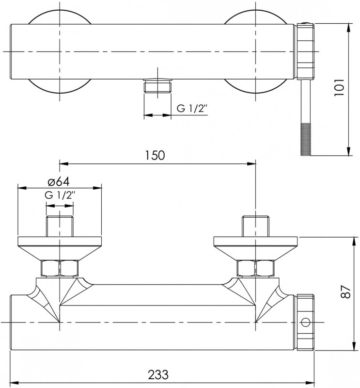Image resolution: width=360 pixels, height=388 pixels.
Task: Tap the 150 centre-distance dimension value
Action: [155, 155]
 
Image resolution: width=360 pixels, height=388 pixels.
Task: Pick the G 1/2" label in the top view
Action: [192, 108]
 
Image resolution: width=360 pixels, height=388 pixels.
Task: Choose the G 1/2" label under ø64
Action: [60, 195]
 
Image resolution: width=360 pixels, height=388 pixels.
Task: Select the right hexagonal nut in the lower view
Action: [255, 268]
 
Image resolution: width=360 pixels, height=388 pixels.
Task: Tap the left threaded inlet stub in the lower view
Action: [60, 225]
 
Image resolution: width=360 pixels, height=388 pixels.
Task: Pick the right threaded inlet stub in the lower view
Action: [255, 225]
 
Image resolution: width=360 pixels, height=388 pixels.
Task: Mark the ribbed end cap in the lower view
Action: [306, 323]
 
